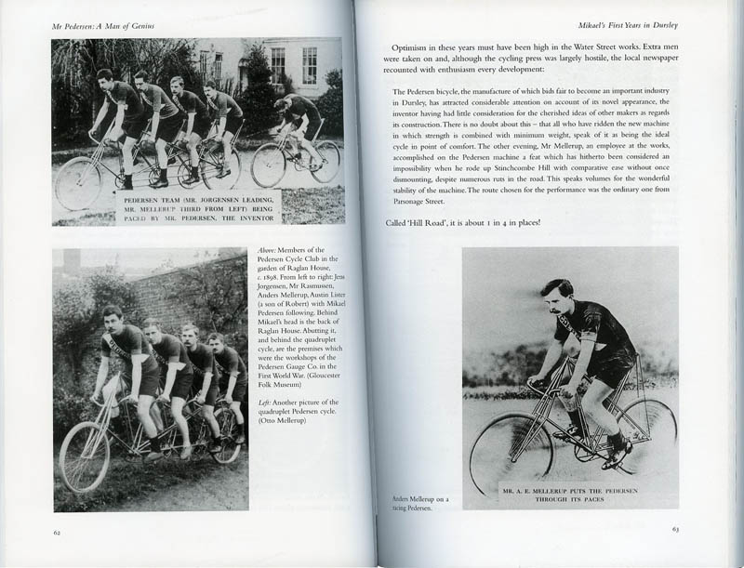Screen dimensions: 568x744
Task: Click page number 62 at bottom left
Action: (x=57, y=532)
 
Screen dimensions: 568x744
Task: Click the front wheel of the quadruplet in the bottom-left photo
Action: (x=85, y=456)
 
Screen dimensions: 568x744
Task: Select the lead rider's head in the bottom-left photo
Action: (x=112, y=319)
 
